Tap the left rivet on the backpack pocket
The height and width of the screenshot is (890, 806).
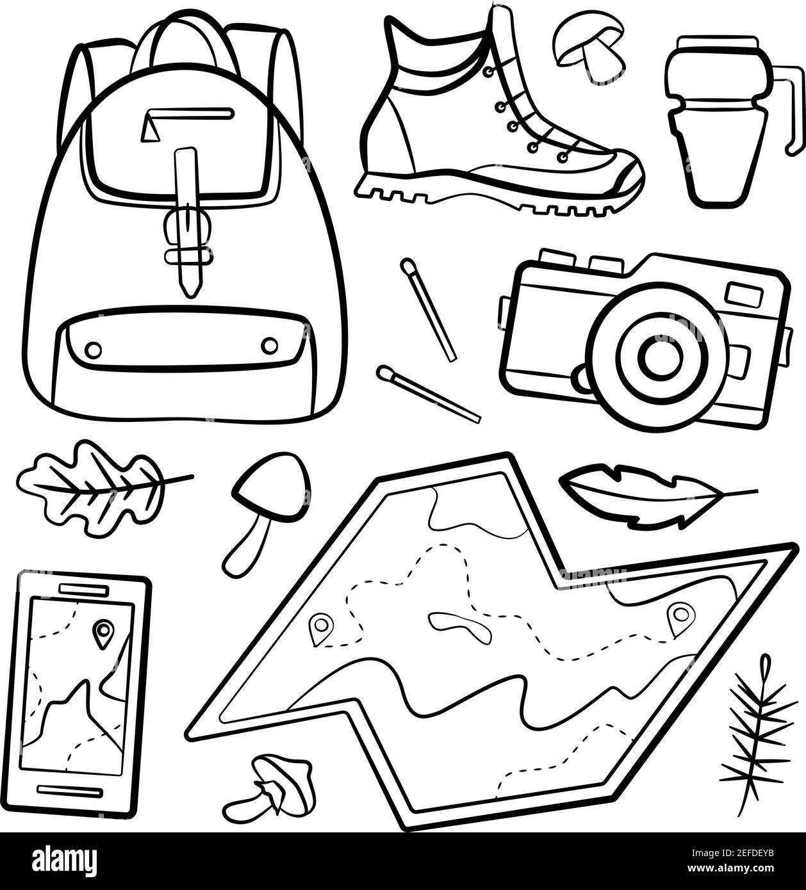pyautogui.click(x=94, y=349)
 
